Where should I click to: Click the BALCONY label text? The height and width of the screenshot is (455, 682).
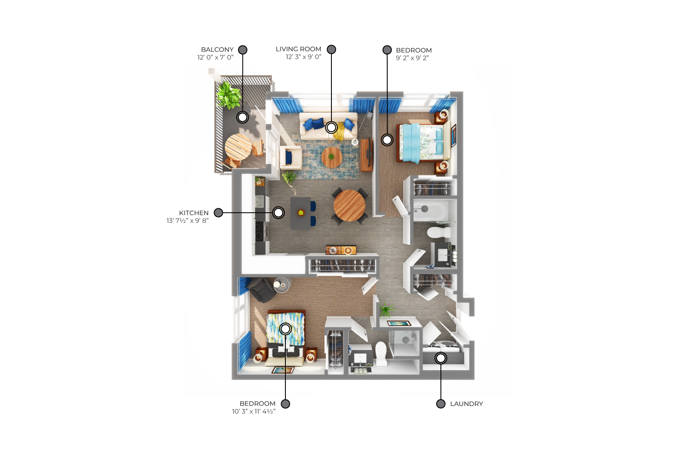pos(217,49)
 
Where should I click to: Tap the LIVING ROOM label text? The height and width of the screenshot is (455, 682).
pos(298,49)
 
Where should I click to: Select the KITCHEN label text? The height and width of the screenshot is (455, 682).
pos(194,213)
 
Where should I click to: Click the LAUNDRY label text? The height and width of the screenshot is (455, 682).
pos(466,404)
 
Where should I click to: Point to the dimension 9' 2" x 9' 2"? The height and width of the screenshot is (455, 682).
pos(412,58)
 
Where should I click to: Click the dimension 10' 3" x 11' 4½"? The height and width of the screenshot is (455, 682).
pos(253,412)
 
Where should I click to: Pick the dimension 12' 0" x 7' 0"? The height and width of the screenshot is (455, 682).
pos(215,57)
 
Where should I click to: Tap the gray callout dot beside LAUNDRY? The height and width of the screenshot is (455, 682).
pos(440,404)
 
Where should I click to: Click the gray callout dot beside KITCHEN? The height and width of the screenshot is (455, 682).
pos(218,213)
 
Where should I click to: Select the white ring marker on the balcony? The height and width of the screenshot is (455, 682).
pos(242,117)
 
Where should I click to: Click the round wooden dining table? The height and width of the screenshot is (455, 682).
pos(349,206)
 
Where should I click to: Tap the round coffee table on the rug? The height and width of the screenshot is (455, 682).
pos(331,157)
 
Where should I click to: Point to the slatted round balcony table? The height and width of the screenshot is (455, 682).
pos(238,147)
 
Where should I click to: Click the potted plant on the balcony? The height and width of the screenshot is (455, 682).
pos(228,95)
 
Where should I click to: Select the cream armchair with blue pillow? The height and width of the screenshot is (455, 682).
pos(291,158)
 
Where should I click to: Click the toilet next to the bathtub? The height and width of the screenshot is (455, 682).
pos(438,232)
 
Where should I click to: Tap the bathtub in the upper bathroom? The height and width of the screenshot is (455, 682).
pos(431,210)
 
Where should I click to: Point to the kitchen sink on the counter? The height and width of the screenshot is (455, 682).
pos(259,202)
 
